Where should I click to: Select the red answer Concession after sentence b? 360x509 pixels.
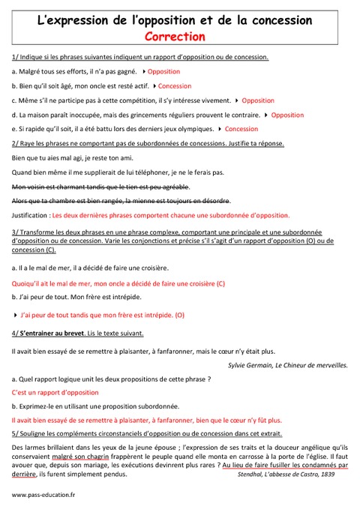click(x=174, y=85)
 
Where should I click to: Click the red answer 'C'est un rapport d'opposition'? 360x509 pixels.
click(x=55, y=392)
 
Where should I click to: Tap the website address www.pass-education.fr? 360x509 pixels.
click(x=43, y=495)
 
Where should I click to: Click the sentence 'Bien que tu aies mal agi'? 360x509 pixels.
click(x=73, y=157)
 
